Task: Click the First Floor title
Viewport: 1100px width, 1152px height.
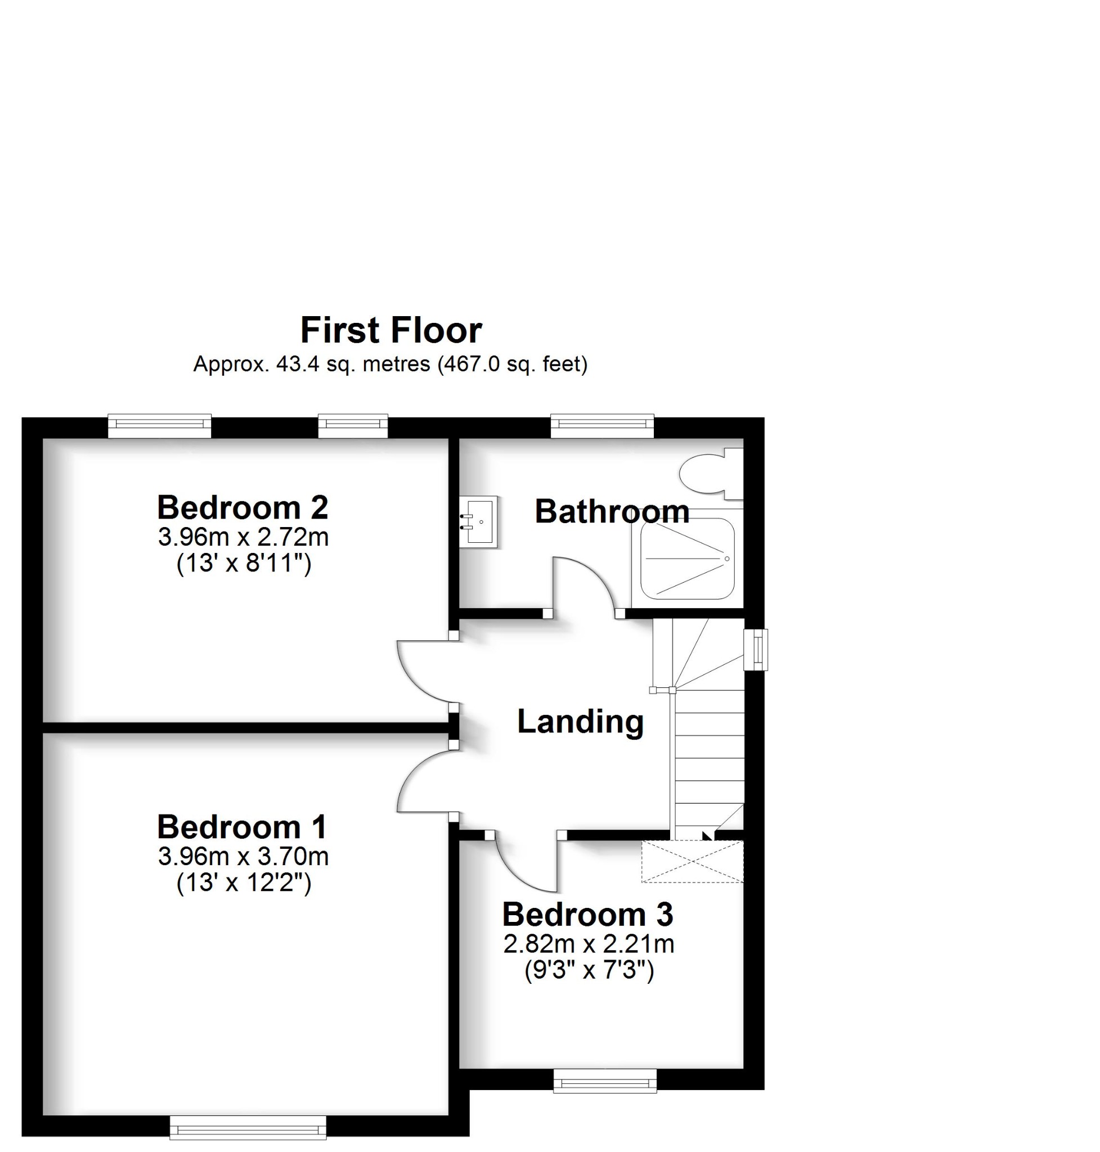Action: pos(390,330)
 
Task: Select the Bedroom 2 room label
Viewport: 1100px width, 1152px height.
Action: pos(242,508)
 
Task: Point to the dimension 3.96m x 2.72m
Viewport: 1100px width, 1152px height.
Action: pos(243,537)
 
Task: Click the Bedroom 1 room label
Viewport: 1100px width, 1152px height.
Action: pos(241,827)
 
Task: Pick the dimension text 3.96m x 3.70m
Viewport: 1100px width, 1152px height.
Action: pos(243,857)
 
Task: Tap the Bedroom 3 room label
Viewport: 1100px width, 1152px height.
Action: pos(587,914)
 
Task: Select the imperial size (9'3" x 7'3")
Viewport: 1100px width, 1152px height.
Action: pos(589,971)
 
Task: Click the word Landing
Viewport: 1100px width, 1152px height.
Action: pos(580,721)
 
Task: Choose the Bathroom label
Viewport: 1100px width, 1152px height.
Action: pos(612,511)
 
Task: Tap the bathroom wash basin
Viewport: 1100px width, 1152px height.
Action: pos(478,521)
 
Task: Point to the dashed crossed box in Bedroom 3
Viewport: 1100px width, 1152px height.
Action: pos(692,861)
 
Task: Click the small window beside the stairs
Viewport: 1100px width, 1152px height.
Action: pos(755,650)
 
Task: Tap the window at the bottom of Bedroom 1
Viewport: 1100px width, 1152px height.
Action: pos(248,1127)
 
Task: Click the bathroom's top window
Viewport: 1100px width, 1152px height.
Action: pos(601,426)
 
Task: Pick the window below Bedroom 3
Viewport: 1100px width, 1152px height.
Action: pos(605,1081)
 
